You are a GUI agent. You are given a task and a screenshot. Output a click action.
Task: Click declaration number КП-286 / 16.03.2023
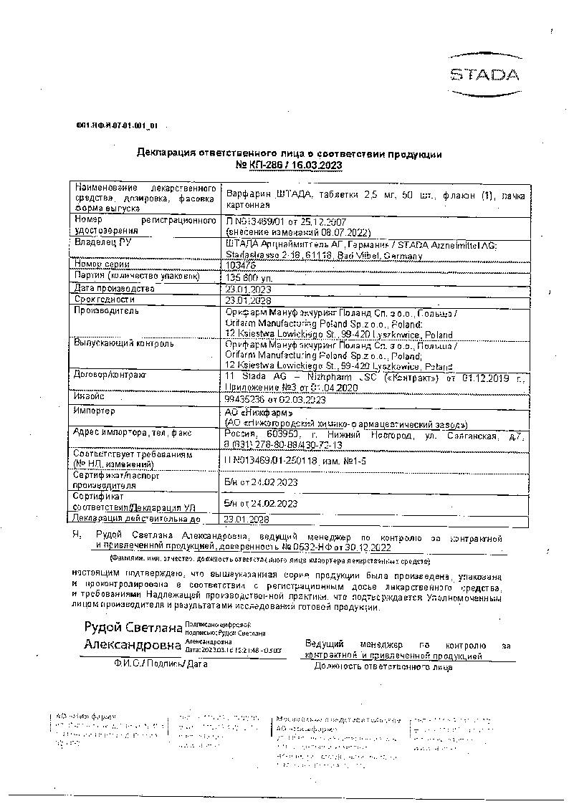289,165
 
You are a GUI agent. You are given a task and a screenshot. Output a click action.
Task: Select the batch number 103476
240,264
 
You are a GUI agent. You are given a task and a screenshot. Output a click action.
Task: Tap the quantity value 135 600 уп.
249,276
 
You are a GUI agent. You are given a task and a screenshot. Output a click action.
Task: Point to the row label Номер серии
102,264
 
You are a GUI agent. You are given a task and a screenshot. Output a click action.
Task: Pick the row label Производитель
107,311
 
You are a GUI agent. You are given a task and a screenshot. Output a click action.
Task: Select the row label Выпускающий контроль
123,343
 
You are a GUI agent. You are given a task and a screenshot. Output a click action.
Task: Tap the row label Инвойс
90,396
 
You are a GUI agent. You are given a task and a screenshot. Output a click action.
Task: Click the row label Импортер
95,411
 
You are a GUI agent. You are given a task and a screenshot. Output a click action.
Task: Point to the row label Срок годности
104,300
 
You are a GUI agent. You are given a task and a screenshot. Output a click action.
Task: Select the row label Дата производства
113,288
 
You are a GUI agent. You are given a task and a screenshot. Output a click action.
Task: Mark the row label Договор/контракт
110,375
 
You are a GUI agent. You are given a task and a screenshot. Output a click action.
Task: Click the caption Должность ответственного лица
383,666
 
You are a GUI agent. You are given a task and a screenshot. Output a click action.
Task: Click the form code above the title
116,125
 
